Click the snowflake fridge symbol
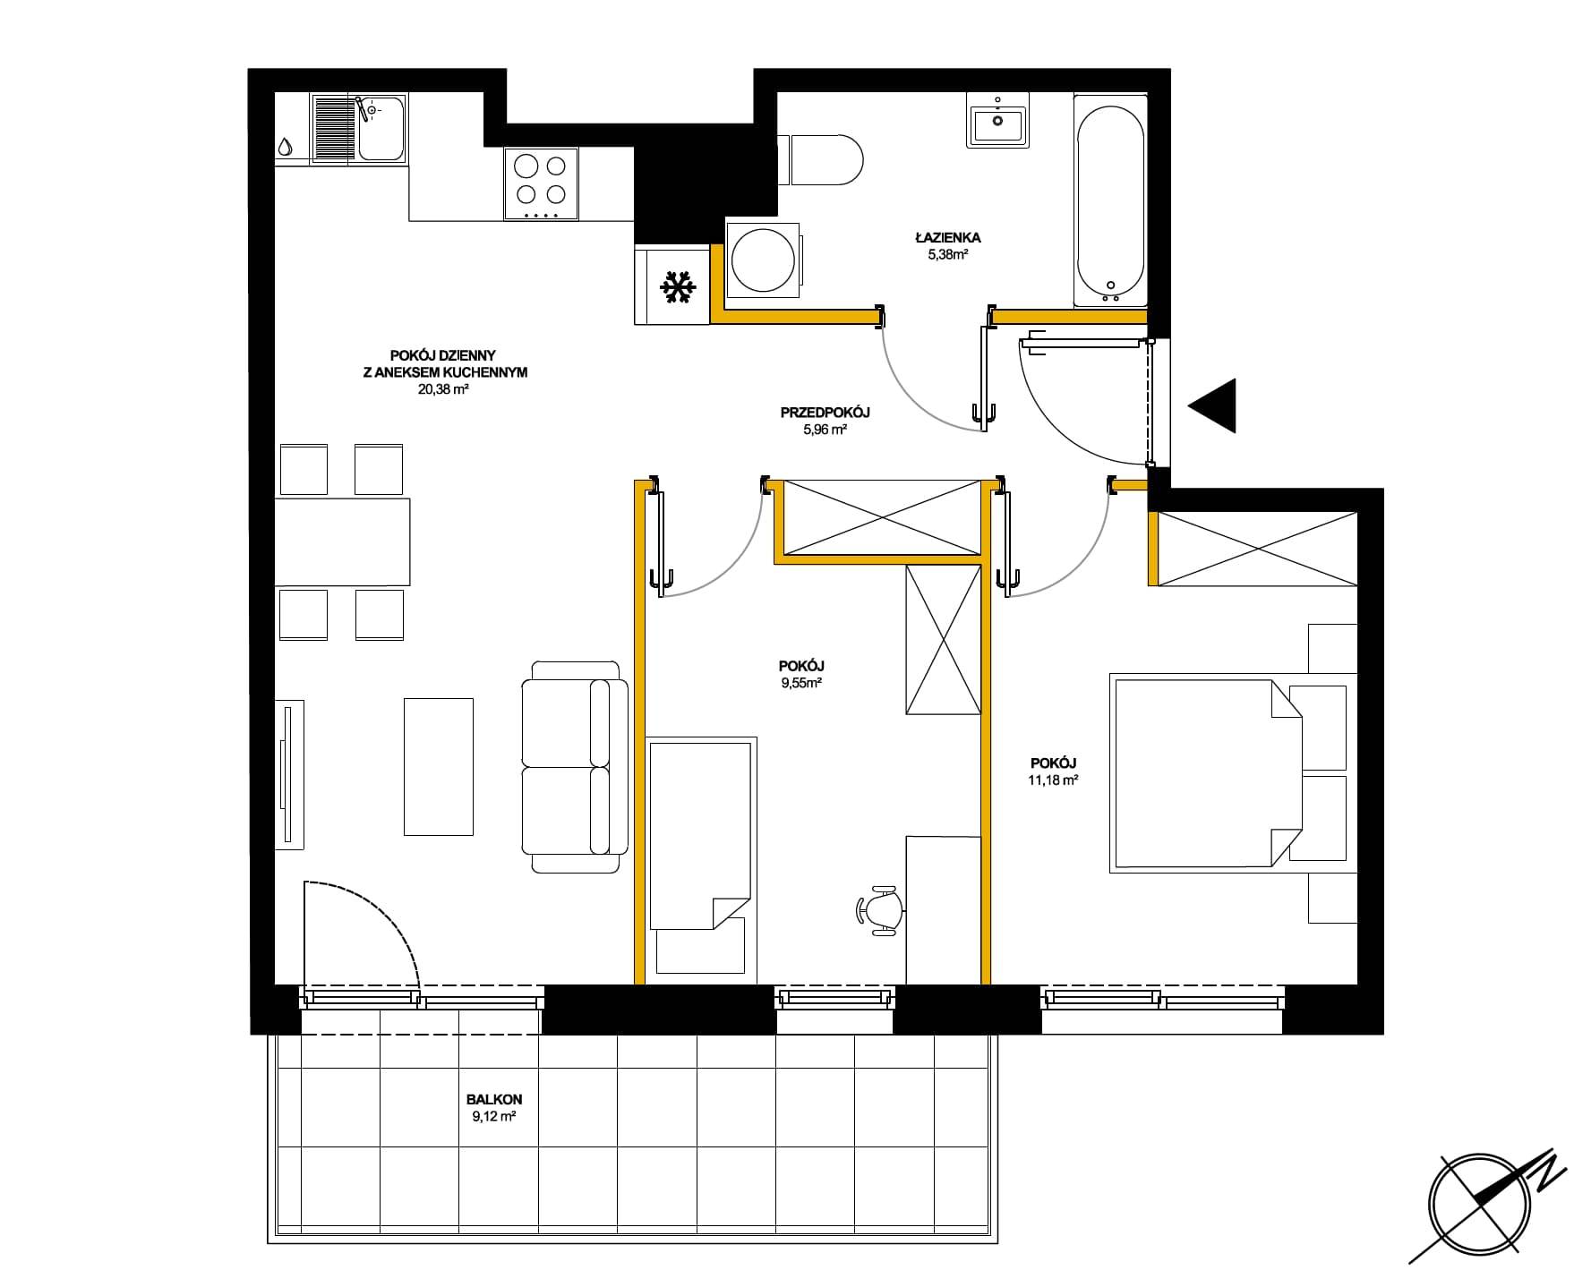677,286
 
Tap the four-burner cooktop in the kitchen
541,184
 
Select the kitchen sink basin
381,128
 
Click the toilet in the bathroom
818,160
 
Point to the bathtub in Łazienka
1110,201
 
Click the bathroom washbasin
997,121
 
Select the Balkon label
494,1100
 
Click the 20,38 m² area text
444,389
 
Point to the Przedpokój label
825,413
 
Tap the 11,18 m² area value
1053,780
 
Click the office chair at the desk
881,910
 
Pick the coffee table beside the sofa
439,767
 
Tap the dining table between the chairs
342,542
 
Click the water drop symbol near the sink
285,146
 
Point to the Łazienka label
948,238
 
